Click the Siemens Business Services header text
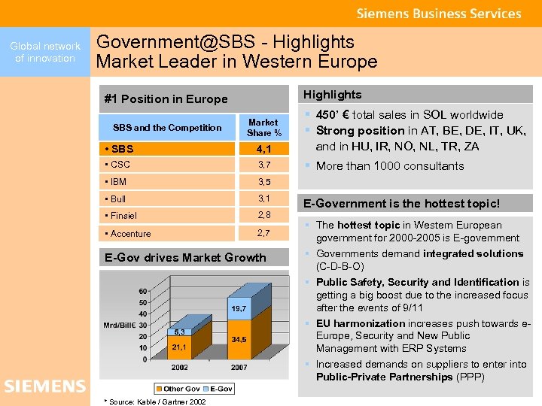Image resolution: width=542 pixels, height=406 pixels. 438,14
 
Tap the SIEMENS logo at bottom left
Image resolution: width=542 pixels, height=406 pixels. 44,386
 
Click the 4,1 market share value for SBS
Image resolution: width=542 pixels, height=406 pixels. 263,149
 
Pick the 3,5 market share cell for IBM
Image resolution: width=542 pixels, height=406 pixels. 263,182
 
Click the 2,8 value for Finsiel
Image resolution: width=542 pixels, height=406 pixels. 263,216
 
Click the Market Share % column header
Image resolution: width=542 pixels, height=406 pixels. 263,127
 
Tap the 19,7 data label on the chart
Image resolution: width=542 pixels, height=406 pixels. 239,309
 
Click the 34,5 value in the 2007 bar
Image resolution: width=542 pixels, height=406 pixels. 239,340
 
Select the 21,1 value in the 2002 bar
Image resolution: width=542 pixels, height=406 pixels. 179,347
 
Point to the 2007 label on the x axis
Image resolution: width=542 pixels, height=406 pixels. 238,368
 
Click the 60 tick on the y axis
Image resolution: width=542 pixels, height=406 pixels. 142,291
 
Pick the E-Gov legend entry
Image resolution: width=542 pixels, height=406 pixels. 221,388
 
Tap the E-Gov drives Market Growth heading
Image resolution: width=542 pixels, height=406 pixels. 185,257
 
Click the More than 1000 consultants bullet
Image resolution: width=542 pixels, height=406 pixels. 390,166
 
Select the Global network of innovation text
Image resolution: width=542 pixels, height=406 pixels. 45,52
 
